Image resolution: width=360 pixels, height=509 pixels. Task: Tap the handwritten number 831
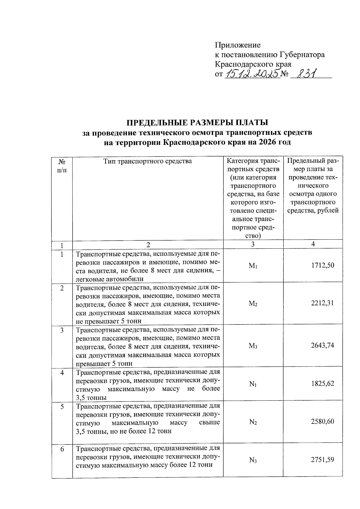pyautogui.click(x=304, y=73)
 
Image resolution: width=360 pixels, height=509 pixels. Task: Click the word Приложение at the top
pyautogui.click(x=238, y=45)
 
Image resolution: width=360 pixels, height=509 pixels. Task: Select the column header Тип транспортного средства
pyautogui.click(x=148, y=161)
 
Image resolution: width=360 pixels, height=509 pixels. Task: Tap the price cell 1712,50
pyautogui.click(x=322, y=265)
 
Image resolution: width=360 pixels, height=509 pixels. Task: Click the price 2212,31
pyautogui.click(x=322, y=303)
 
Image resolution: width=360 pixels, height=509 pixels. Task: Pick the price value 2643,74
pyautogui.click(x=322, y=346)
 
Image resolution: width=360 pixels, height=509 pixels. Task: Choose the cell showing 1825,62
pyautogui.click(x=322, y=384)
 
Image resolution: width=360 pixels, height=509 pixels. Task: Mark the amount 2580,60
pyautogui.click(x=322, y=422)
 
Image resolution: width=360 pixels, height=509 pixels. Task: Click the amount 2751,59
pyautogui.click(x=322, y=460)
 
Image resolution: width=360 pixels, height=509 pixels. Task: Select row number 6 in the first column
pyautogui.click(x=62, y=449)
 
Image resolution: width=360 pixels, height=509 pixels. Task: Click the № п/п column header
pyautogui.click(x=62, y=166)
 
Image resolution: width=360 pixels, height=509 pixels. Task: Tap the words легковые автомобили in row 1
pyautogui.click(x=109, y=279)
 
